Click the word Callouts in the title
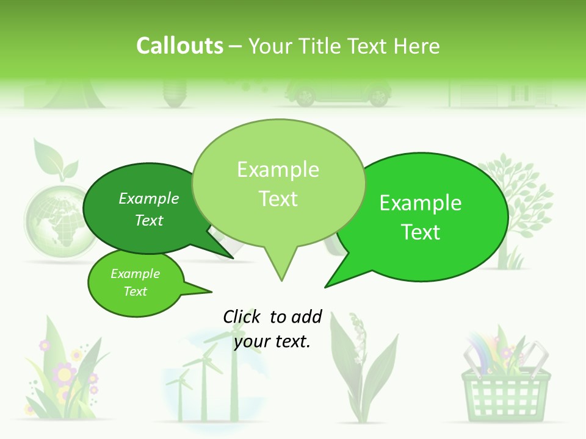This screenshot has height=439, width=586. (x=179, y=46)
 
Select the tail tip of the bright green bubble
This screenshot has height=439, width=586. (x=327, y=285)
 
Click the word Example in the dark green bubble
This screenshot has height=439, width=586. (x=149, y=198)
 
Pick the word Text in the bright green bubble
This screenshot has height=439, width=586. (x=421, y=232)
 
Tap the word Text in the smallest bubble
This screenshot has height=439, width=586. (x=135, y=291)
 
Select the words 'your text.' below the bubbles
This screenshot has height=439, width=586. (x=272, y=341)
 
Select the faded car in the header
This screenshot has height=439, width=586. (x=338, y=93)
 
